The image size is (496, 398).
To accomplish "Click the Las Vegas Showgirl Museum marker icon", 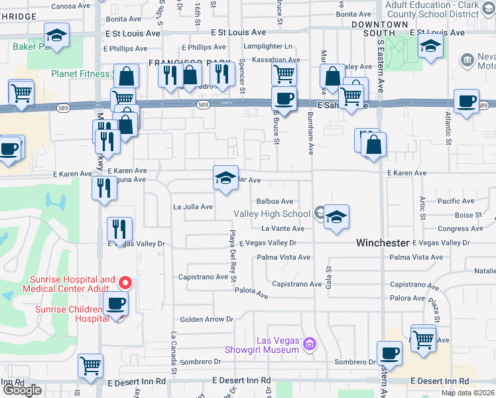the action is click(x=308, y=344).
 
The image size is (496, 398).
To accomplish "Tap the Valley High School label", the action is click(x=272, y=214).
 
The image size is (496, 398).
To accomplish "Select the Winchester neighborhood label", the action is click(x=383, y=243).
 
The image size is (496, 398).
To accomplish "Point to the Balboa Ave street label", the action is click(x=275, y=201).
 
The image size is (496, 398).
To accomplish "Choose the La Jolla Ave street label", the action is click(x=193, y=207).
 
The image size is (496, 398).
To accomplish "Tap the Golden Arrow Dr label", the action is click(x=208, y=319).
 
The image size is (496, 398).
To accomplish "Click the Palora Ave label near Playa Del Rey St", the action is click(x=251, y=292).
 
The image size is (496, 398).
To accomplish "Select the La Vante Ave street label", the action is click(x=282, y=228).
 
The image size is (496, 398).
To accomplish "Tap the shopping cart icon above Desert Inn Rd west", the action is click(x=91, y=364).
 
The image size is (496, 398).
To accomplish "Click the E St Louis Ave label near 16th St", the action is click(x=238, y=32).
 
